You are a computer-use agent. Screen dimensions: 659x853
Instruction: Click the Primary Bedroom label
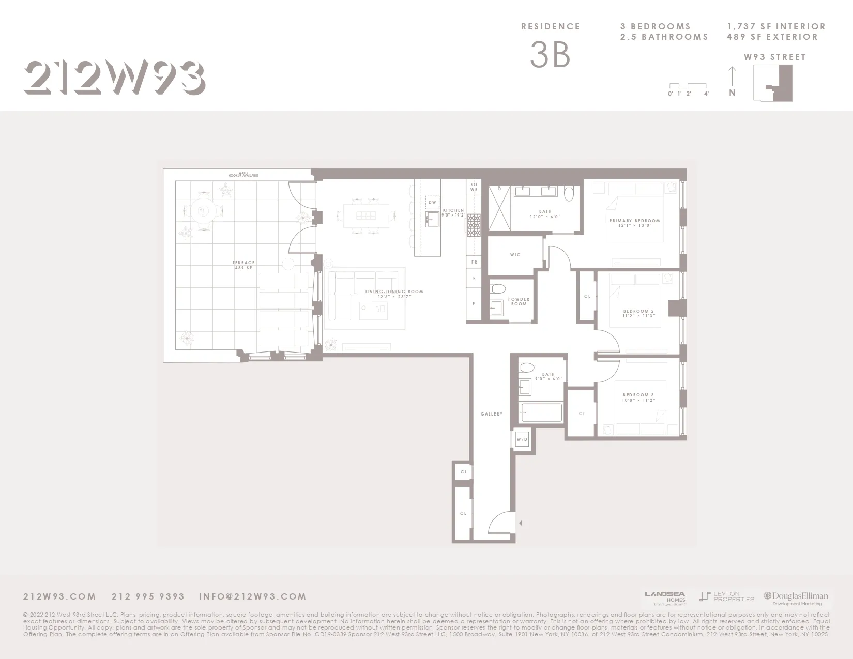tap(634, 223)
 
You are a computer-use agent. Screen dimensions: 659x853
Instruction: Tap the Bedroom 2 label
tap(638, 313)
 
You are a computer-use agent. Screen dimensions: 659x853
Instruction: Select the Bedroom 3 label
tap(638, 397)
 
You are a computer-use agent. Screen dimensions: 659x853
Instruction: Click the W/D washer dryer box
tap(522, 440)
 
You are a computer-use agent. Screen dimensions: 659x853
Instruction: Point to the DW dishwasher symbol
tap(432, 202)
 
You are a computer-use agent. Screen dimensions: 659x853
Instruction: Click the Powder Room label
tap(519, 301)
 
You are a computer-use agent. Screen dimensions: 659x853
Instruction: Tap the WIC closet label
tap(515, 255)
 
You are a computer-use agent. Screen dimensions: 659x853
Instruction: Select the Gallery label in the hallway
tap(491, 414)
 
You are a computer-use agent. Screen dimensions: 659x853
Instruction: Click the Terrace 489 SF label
tap(243, 265)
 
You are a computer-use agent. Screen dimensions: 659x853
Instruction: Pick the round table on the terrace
tap(203, 210)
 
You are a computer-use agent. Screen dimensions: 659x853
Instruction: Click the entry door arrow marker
tap(521, 523)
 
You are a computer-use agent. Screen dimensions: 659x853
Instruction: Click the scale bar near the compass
tap(688, 86)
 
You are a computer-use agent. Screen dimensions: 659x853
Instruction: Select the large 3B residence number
tap(550, 55)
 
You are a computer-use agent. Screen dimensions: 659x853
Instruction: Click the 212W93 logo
tap(114, 78)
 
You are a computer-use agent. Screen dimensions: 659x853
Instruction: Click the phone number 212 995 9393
tap(148, 596)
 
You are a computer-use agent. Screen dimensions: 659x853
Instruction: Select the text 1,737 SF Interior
tap(775, 26)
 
